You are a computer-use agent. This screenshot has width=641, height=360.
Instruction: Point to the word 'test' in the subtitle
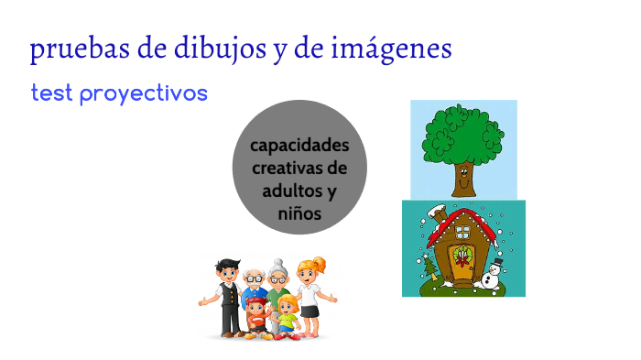click(51, 93)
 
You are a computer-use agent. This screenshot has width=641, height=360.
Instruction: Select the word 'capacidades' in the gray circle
click(299, 147)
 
